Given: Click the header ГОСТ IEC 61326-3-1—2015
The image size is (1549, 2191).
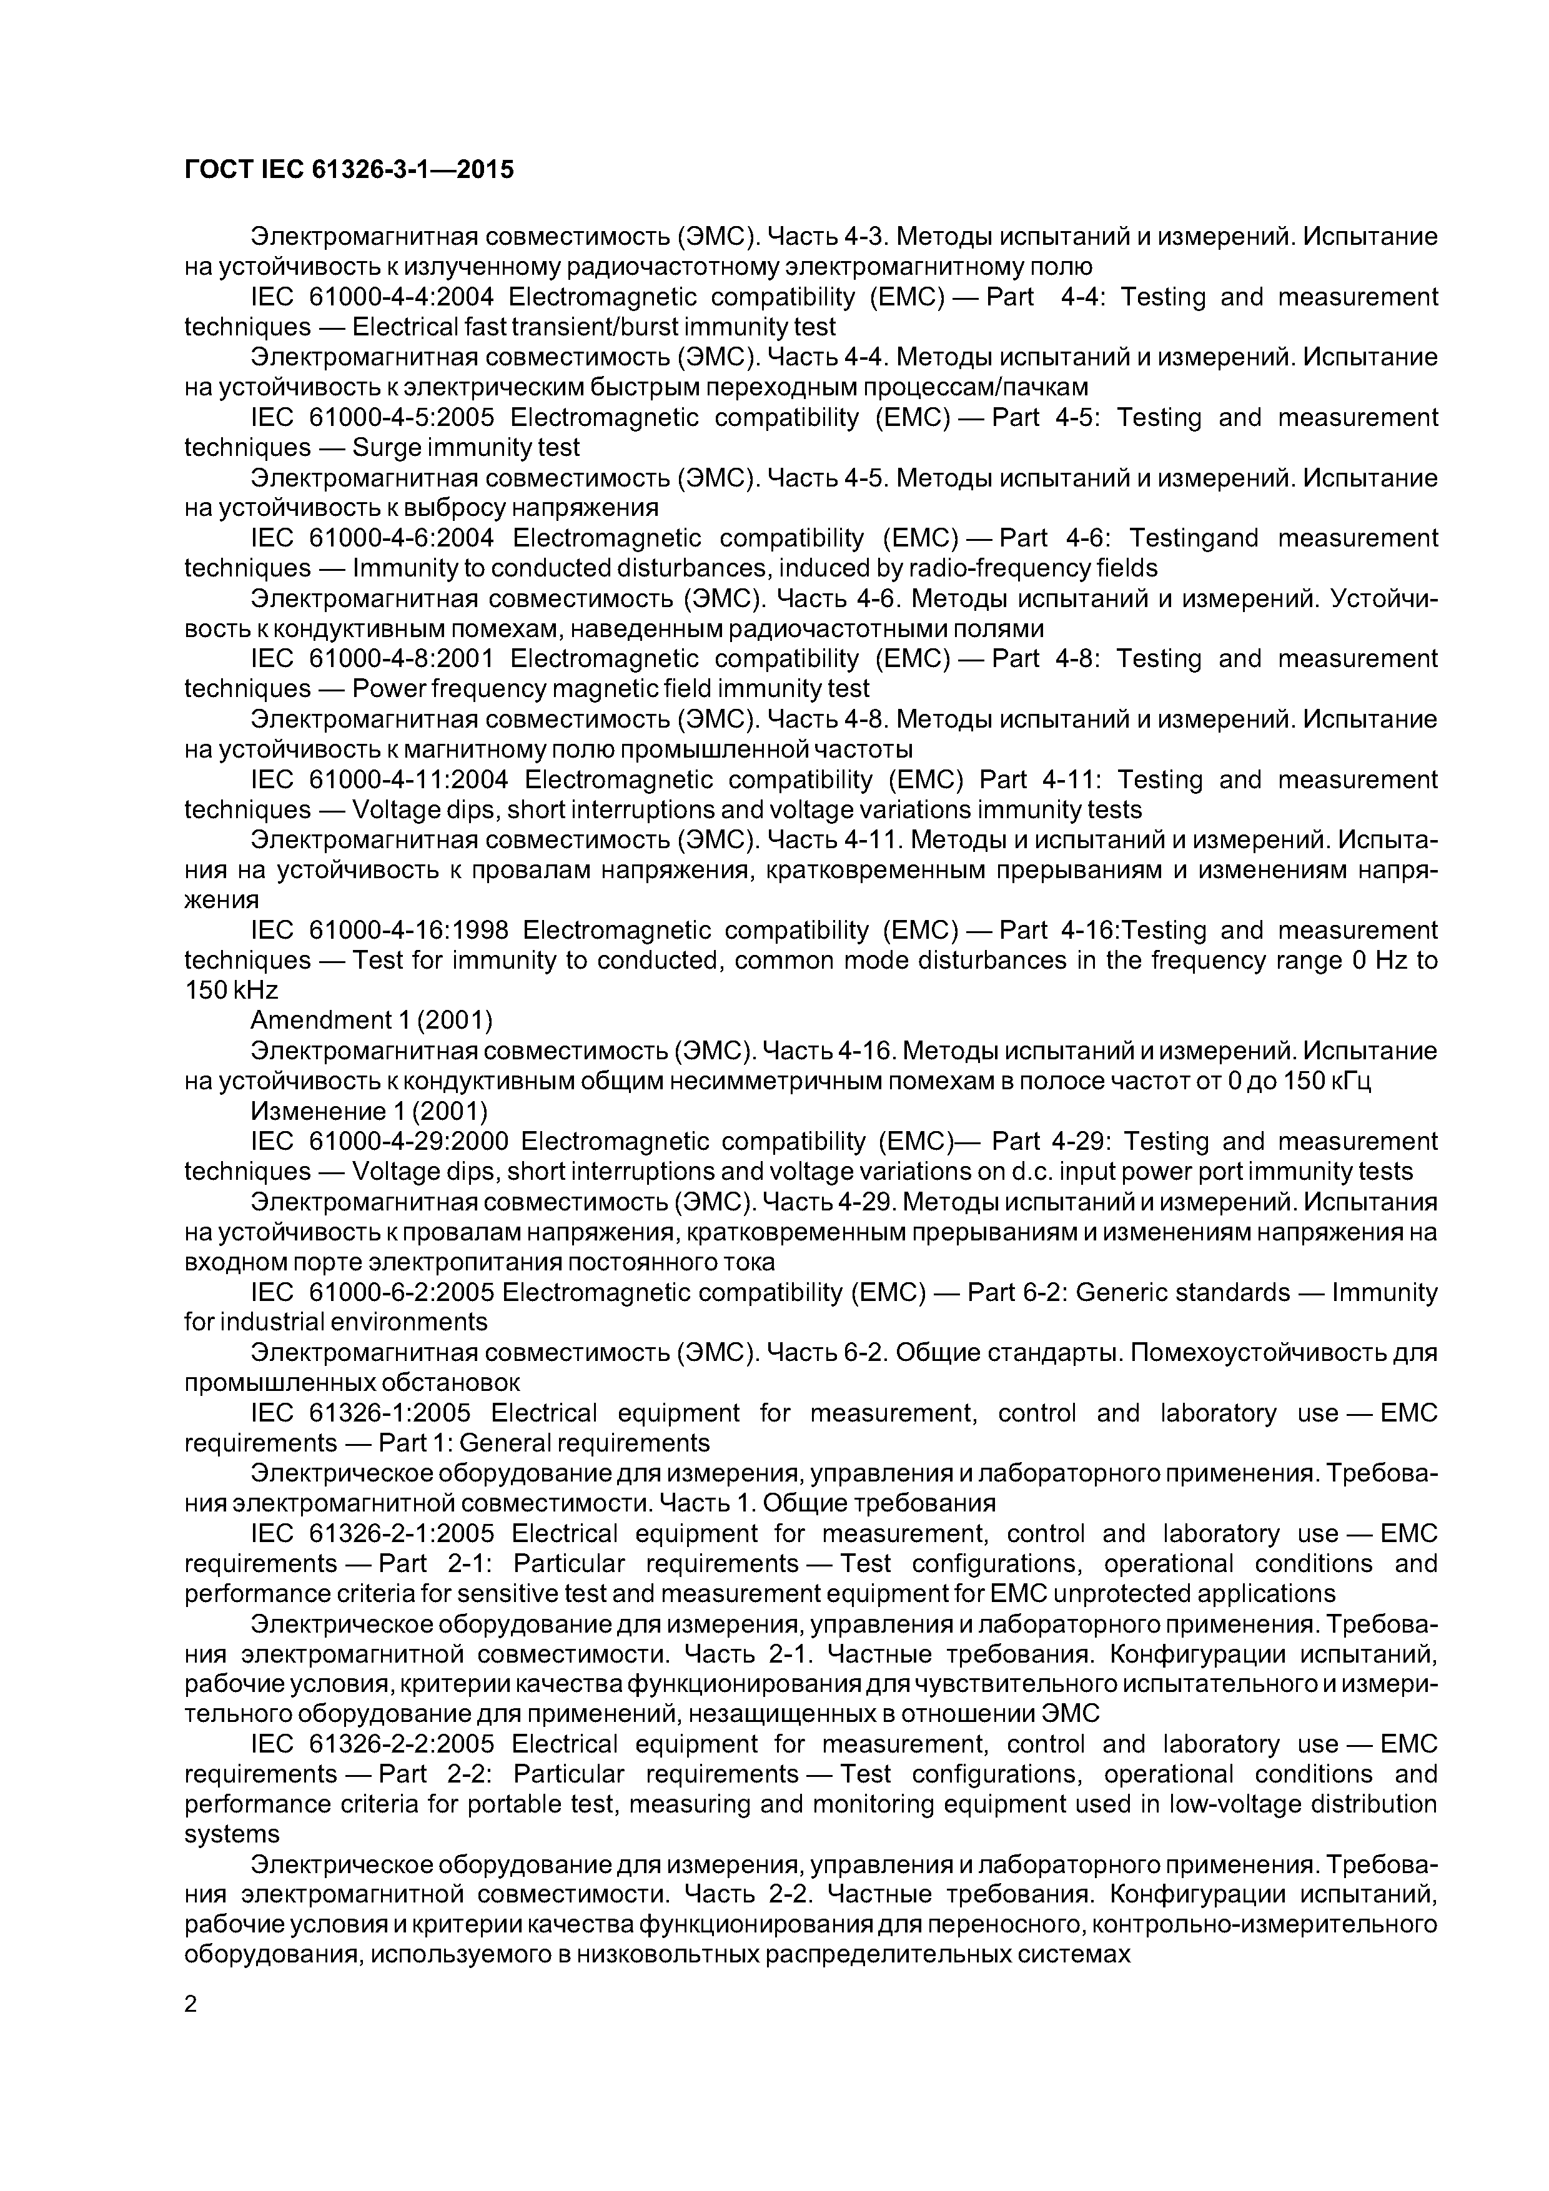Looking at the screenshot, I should pos(349,170).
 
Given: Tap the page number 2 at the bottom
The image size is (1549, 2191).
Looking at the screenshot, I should pos(191,2004).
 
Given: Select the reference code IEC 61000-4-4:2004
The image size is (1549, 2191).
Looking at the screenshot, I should pos(372,297).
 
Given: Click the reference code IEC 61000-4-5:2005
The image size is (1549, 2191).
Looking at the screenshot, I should pos(372,418).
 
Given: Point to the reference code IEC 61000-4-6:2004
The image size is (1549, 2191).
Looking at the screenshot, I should pos(372,538).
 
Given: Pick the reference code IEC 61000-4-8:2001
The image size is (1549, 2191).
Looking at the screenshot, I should pos(372,658).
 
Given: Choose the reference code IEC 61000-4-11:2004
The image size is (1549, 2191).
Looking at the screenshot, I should pos(379,779).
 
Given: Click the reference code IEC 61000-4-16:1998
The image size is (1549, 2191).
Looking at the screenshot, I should pos(379,931).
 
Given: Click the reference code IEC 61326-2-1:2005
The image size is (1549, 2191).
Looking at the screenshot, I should pos(372,1533).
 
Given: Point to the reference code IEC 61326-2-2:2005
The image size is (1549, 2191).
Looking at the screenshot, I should pos(372,1744).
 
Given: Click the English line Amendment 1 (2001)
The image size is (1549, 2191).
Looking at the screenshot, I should pos(371,1021).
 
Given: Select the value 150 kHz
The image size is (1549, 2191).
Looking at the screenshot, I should pos(231,991).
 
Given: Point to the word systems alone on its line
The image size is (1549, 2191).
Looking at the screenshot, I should pos(232,1834).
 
